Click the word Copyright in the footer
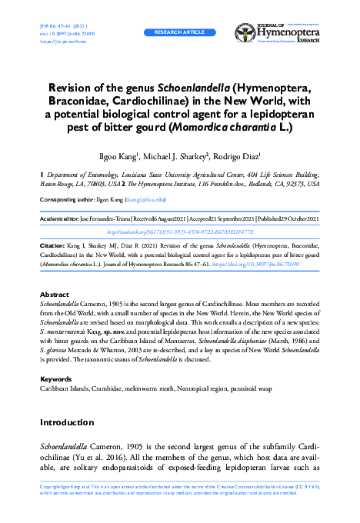coord(51,488)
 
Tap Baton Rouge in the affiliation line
coord(58,185)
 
